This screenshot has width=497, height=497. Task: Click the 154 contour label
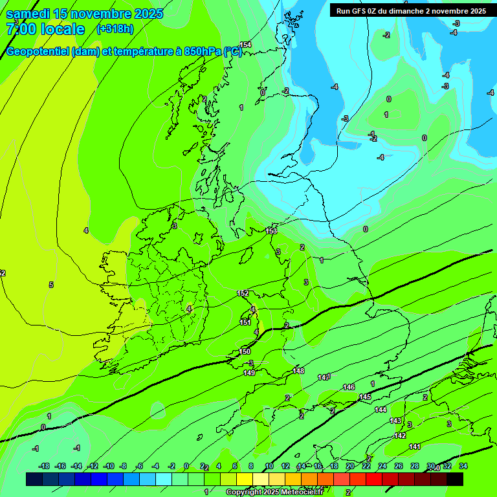pos(245,45)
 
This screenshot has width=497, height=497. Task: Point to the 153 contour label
pos(271,230)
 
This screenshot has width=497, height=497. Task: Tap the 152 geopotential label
pos(243,293)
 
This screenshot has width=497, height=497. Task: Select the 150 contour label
pos(245,351)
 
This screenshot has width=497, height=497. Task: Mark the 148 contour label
pos(298,371)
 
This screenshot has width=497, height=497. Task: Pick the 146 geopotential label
pos(349,387)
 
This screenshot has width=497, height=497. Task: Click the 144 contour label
pos(381,410)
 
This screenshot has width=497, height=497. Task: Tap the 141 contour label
pos(415,447)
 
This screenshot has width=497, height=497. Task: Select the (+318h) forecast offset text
pos(115,29)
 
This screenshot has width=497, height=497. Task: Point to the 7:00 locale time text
pos(45,29)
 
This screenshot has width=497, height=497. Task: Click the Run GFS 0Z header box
pos(411,10)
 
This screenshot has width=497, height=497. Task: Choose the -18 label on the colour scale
pos(45,467)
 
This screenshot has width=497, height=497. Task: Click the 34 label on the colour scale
pos(463,467)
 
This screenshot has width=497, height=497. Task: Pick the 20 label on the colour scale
pos(350,467)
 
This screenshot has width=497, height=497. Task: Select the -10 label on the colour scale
pos(109,467)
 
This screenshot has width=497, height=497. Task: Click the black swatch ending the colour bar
pos(455,479)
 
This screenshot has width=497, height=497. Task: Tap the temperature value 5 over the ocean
pos(51,285)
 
